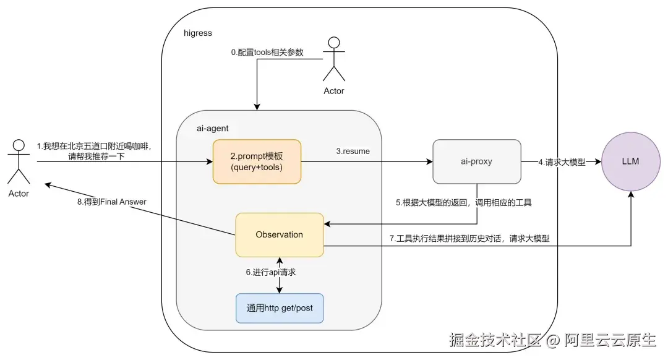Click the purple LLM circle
pyautogui.click(x=630, y=161)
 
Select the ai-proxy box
pyautogui.click(x=477, y=161)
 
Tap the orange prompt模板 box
pyautogui.click(x=257, y=161)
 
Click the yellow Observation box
pyautogui.click(x=280, y=235)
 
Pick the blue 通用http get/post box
pyautogui.click(x=280, y=308)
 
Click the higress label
pyautogui.click(x=198, y=33)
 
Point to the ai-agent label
pyautogui.click(x=213, y=128)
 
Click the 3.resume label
pyautogui.click(x=353, y=152)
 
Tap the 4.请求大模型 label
pyautogui.click(x=562, y=162)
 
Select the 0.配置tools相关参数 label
pyautogui.click(x=267, y=52)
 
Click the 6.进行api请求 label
pyautogui.click(x=270, y=272)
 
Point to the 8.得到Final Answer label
pyautogui.click(x=111, y=202)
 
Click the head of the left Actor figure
pyautogui.click(x=19, y=145)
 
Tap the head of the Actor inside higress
pyautogui.click(x=334, y=43)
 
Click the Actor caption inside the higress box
pyautogui.click(x=334, y=91)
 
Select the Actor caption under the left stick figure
pyautogui.click(x=19, y=194)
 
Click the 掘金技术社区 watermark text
pyautogui.click(x=495, y=340)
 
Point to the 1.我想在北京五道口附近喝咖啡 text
pyautogui.click(x=94, y=146)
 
